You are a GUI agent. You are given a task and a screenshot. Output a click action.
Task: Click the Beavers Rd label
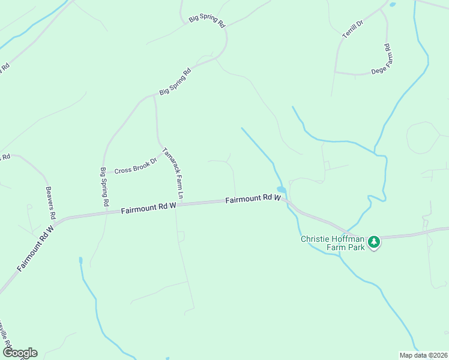click(x=51, y=202)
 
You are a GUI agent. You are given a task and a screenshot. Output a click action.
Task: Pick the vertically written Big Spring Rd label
click(x=104, y=187)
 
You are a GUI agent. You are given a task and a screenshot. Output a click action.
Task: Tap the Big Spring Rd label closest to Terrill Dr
click(x=206, y=19)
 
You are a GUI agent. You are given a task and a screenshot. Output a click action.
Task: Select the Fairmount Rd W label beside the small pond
click(x=253, y=199)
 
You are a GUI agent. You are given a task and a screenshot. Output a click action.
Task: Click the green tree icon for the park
click(x=374, y=242)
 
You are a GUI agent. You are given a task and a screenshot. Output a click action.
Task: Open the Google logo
click(x=20, y=353)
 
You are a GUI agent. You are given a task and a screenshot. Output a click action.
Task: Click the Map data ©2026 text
click(x=423, y=355)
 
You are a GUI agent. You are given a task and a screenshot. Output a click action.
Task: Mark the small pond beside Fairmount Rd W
click(x=280, y=190)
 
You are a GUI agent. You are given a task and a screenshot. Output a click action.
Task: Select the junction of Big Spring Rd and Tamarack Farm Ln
click(x=154, y=95)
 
